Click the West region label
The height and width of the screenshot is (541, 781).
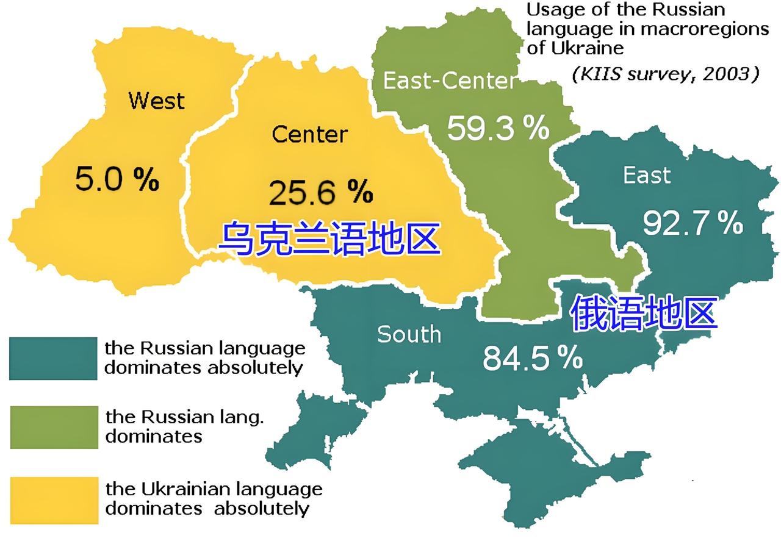156,101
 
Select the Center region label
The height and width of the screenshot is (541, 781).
309,134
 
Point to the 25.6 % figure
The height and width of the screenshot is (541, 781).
320,193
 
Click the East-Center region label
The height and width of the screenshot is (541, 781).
449,81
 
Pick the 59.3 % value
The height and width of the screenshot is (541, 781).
498,128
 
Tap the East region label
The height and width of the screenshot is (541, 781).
647,176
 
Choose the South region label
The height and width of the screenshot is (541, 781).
409,334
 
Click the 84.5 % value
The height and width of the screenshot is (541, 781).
532,358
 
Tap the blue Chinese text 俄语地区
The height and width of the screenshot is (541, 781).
644,313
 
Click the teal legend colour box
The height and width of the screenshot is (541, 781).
53,358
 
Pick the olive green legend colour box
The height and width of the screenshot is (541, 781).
54,427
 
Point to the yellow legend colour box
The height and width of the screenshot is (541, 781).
54,500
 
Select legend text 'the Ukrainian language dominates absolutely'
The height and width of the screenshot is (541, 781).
214,498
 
